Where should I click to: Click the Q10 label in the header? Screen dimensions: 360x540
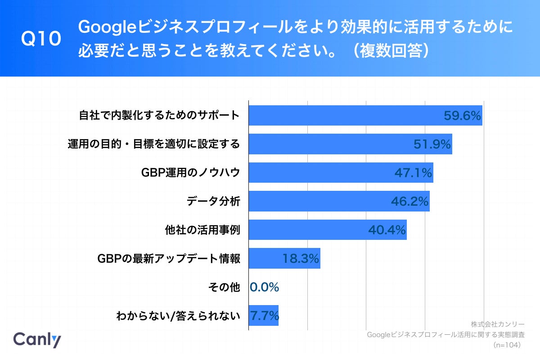pyautogui.click(x=41, y=40)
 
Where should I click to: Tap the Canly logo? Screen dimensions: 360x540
pyautogui.click(x=37, y=339)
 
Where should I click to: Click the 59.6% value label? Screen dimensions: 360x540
pyautogui.click(x=463, y=116)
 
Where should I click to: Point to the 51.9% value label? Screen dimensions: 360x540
pyautogui.click(x=432, y=144)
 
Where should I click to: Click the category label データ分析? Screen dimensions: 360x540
pyautogui.click(x=213, y=201)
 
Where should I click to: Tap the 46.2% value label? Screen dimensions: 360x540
pyautogui.click(x=409, y=202)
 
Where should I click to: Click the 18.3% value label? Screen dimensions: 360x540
pyautogui.click(x=301, y=259)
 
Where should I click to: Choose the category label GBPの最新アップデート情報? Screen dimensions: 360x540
pyautogui.click(x=169, y=259)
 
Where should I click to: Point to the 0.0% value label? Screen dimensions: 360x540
pyautogui.click(x=265, y=287)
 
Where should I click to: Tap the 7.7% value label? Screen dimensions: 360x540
pyautogui.click(x=264, y=316)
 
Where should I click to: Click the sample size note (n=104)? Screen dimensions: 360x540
pyautogui.click(x=507, y=345)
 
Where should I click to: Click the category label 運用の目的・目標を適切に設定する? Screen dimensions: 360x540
pyautogui.click(x=153, y=144)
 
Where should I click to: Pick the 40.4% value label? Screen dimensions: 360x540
pyautogui.click(x=387, y=230)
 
